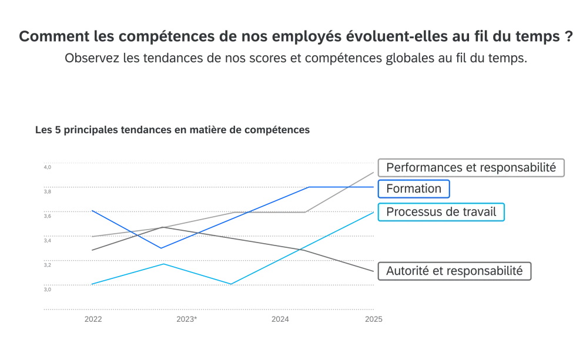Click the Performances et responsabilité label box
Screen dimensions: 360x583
471,167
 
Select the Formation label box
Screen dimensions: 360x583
414,189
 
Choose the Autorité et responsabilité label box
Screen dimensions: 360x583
454,271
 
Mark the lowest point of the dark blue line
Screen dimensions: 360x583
161,247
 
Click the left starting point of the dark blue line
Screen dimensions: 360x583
92,209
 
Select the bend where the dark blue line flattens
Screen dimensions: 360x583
310,187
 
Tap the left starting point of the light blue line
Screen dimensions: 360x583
92,284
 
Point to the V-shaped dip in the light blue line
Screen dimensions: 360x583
231,284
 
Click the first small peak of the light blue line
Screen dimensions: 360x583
164,264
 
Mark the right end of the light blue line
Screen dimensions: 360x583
375,212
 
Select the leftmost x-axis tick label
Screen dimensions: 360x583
94,319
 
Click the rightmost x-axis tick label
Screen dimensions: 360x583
374,319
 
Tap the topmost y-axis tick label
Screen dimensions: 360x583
48,169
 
